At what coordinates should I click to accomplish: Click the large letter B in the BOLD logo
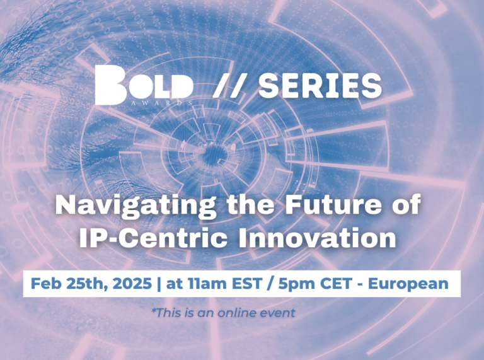110,85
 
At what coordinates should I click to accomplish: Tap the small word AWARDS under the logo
162,103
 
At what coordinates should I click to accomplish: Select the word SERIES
320,86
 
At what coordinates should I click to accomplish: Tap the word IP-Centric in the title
153,237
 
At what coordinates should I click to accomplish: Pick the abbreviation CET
336,284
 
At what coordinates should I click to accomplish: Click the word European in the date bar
408,284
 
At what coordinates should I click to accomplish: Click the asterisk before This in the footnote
153,310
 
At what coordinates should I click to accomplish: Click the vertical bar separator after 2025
159,284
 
